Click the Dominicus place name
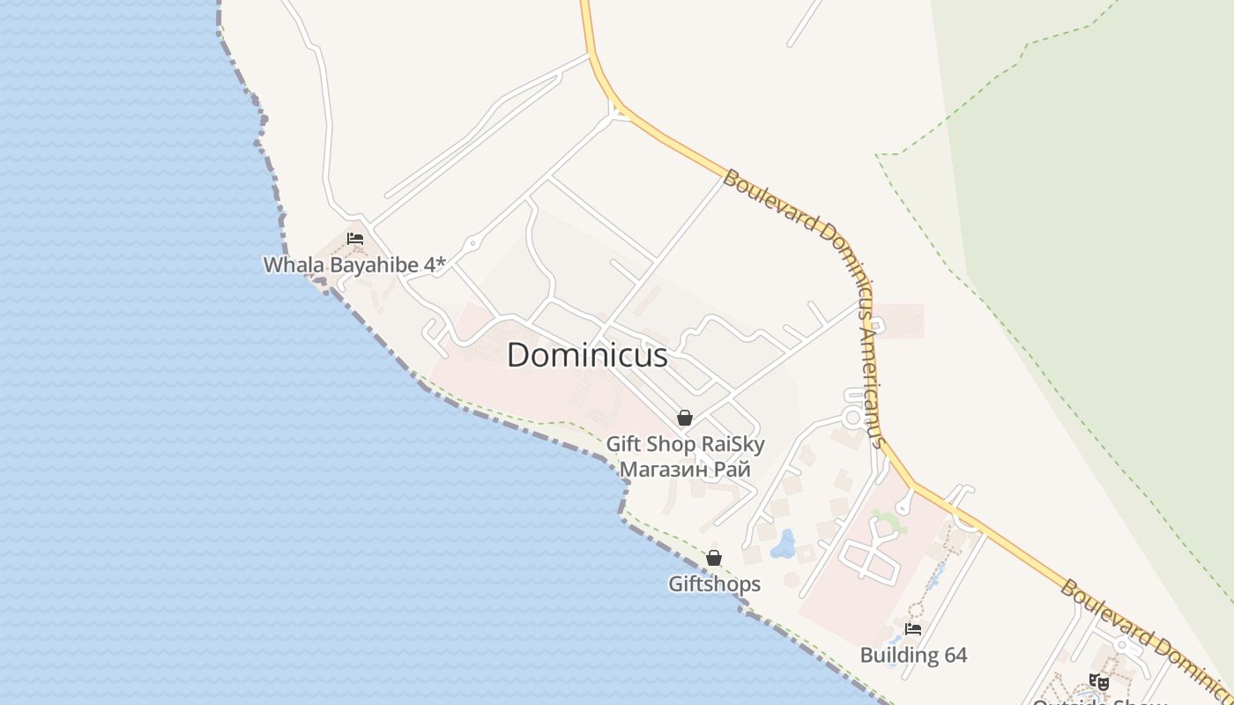pos(587,355)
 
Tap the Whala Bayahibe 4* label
pos(354,264)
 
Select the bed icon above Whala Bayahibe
pos(355,238)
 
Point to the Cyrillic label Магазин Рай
pos(685,469)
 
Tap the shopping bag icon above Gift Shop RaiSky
pos(685,418)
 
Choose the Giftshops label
pos(714,583)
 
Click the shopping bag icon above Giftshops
pos(714,558)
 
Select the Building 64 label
pos(913,655)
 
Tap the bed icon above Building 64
pos(913,629)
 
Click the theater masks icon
pos(1098,681)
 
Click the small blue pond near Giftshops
pos(783,545)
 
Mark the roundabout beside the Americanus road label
pos(852,416)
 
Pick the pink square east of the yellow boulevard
pos(899,321)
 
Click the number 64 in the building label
pos(954,655)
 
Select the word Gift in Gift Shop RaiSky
pos(624,444)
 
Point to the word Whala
pos(291,264)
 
